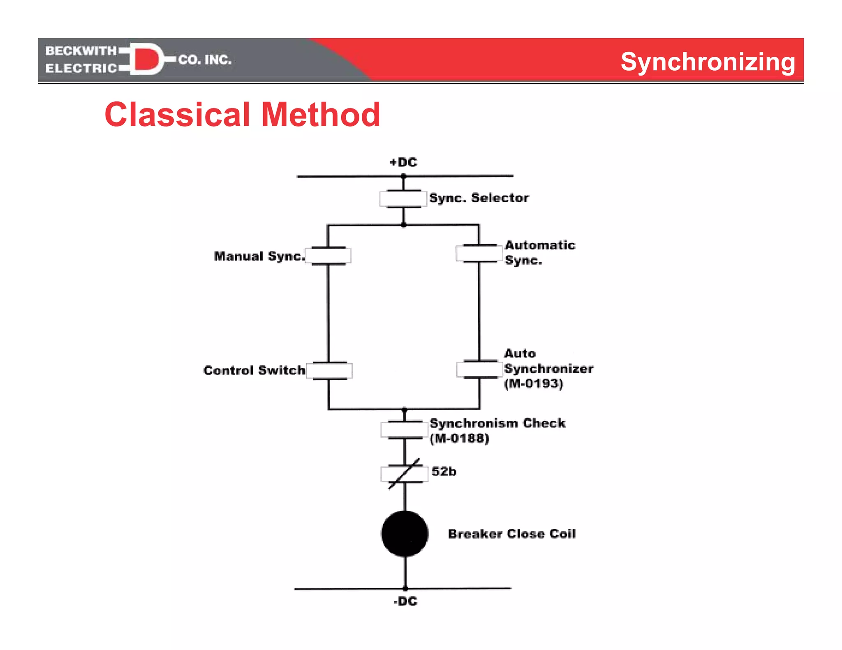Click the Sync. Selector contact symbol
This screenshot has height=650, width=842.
coord(403,199)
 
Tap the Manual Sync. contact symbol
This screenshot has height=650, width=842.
coord(328,256)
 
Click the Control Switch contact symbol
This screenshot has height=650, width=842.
coord(329,371)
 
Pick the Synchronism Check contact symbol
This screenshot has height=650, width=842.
coord(405,430)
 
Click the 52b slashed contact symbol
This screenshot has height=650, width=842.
coord(405,474)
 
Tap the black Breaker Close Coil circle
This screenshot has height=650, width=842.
coord(405,534)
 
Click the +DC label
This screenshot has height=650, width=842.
coord(403,162)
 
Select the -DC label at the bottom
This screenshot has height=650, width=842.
coord(405,602)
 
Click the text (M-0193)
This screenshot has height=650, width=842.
coord(534,384)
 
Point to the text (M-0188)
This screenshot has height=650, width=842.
coord(460,438)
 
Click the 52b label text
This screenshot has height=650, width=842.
coord(444,471)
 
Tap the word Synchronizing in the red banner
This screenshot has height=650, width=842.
coord(708,62)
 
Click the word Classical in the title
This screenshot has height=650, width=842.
coord(177,115)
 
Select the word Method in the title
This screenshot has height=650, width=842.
coord(321,115)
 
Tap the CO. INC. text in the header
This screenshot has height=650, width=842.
coord(205,60)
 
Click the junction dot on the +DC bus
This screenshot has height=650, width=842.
coord(403,176)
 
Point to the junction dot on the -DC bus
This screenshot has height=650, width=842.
coord(405,588)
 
